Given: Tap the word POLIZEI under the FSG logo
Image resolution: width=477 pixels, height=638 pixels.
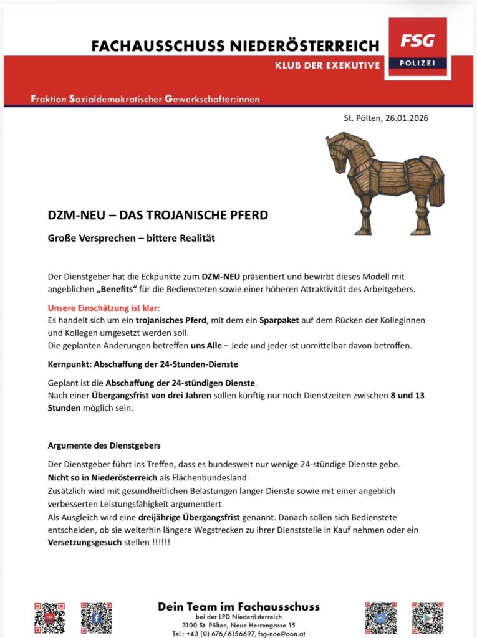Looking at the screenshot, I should click(417, 64).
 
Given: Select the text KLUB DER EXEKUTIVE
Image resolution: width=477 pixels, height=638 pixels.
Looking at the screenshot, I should click(327, 65).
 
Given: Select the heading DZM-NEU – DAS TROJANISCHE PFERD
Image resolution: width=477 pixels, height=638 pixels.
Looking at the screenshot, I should click(158, 216).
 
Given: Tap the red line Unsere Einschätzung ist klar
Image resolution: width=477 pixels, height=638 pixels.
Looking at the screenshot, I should click(104, 308).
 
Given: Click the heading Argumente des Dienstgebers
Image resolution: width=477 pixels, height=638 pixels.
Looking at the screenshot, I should click(104, 445).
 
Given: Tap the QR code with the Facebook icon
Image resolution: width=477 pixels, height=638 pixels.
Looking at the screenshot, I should click(97, 618).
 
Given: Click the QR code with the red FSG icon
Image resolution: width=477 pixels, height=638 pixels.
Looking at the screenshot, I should click(49, 618).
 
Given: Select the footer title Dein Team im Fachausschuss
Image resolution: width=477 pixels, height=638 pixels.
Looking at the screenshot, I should click(239, 606).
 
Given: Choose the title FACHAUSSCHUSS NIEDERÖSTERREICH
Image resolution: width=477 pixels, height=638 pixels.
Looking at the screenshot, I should click(235, 46).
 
